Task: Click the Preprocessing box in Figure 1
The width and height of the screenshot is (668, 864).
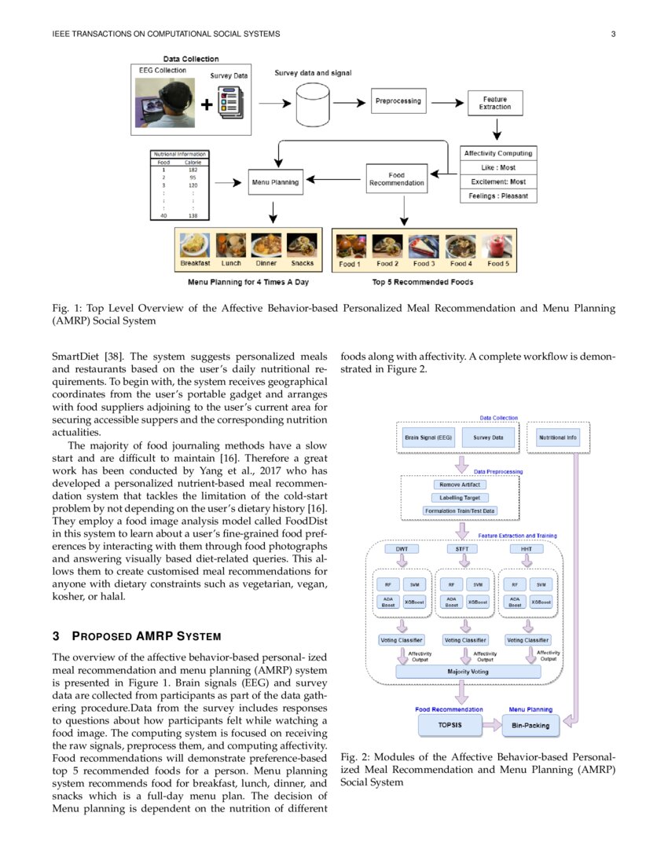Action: point(398,101)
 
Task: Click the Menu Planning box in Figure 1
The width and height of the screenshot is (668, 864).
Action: point(274,183)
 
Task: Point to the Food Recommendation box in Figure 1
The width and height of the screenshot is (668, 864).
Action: point(397,179)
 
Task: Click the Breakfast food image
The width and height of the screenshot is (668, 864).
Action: point(194,246)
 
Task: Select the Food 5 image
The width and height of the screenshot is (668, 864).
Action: point(497,246)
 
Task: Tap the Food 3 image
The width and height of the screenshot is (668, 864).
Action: point(424,246)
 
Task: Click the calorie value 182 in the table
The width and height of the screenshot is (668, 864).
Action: point(193,170)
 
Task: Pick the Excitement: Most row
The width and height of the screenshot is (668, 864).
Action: point(498,181)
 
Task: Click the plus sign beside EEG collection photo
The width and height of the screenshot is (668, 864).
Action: point(207,104)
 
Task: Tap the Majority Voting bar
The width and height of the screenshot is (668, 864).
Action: point(468,672)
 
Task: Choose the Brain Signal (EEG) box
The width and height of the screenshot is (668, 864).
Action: point(428,437)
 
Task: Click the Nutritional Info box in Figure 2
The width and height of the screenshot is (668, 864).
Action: point(559,437)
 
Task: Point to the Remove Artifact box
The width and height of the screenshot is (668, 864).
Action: point(460,485)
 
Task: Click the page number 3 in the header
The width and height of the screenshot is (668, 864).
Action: point(612,34)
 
